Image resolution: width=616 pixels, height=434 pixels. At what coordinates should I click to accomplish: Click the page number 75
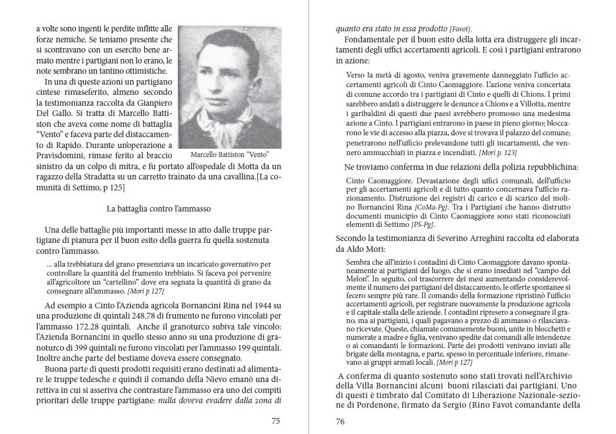point(275,421)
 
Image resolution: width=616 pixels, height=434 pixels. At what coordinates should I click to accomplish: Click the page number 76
point(341,421)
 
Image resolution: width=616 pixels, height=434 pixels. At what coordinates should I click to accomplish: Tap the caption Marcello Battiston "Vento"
point(229,154)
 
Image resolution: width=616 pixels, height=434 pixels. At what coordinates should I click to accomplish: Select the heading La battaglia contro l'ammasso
point(158,208)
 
